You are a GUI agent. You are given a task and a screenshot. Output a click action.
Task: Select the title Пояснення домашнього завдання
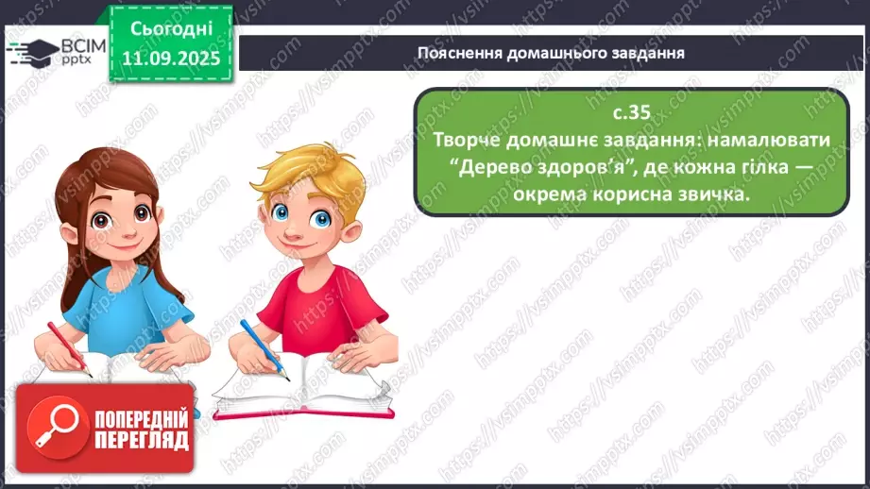tap(551, 52)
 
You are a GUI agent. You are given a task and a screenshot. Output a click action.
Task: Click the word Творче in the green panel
tap(470, 139)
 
